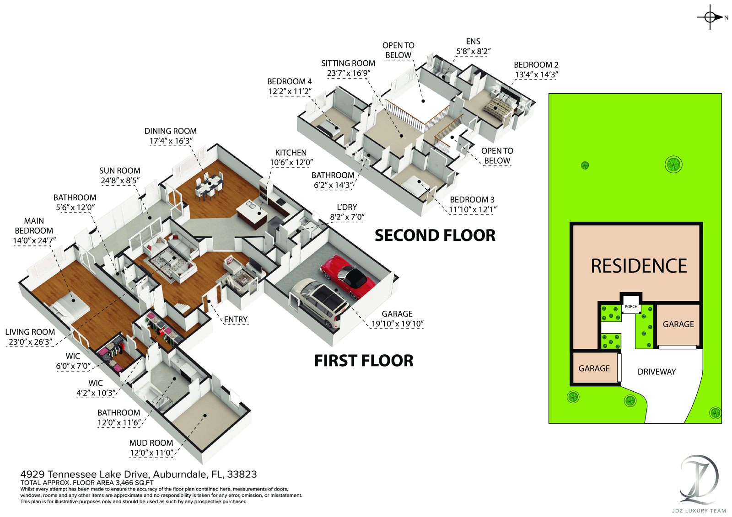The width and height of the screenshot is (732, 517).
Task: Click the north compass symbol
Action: point(710,17)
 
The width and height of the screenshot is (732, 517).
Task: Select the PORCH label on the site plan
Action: point(631,307)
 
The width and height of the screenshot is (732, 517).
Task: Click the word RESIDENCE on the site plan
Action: point(639,266)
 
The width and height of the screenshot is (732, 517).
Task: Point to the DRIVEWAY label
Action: point(657,372)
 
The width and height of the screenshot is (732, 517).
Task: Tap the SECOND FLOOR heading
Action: point(435,236)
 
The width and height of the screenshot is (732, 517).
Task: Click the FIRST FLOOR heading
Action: point(364,361)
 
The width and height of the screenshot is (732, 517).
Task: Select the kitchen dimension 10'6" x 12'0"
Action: point(291,163)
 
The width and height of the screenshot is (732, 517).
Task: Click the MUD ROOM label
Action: point(151,443)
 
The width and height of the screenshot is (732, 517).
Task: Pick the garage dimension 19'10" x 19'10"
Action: point(397,324)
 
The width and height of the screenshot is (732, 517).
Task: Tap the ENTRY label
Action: point(236,320)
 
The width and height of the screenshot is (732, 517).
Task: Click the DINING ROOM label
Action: point(171,131)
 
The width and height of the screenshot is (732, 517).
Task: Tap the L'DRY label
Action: point(347,207)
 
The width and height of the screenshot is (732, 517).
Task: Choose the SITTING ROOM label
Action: point(348,64)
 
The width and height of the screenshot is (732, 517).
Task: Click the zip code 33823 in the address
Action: point(242,474)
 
